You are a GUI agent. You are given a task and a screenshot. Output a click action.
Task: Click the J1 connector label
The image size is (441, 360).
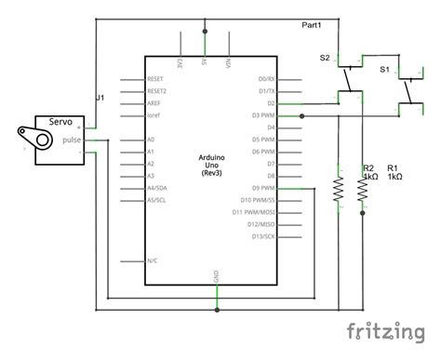point(100,97)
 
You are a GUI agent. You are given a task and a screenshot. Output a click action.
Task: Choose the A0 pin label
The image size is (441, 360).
point(152,139)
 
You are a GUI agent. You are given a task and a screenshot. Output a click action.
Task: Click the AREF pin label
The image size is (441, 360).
point(155,103)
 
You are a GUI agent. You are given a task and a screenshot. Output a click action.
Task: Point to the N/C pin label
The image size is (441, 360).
point(153,260)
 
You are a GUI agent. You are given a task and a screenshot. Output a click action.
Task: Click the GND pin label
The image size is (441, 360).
point(217,277)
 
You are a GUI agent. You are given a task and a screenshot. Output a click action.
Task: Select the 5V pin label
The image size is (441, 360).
point(204,63)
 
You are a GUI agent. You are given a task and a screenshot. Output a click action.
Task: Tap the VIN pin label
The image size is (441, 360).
point(228,63)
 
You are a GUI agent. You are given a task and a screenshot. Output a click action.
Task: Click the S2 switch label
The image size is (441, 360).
point(325,58)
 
